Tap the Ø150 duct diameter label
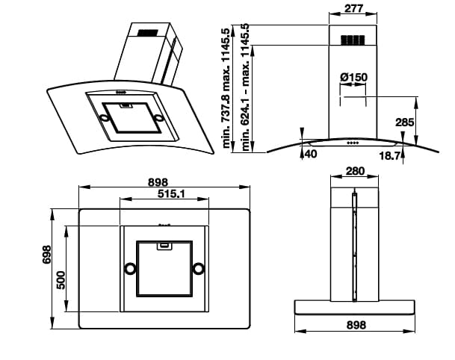click(353, 78)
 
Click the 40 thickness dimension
click(311, 155)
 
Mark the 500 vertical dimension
click(63, 279)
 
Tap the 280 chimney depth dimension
click(356, 171)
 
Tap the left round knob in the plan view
click(130, 268)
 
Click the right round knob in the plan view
click(199, 268)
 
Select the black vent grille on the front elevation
click(354, 40)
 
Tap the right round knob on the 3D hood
click(159, 118)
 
